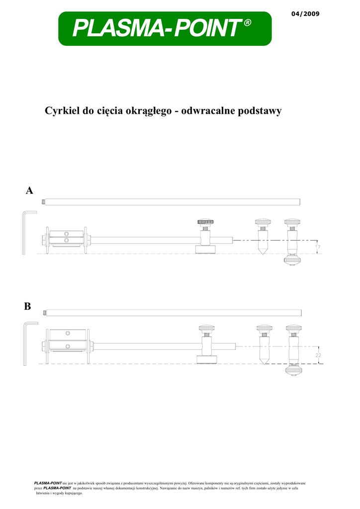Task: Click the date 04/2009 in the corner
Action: click(305, 14)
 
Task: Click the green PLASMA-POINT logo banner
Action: click(165, 28)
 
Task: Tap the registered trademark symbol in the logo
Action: click(247, 22)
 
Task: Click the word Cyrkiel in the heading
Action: click(62, 111)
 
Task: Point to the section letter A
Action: click(29, 190)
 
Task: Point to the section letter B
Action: click(27, 306)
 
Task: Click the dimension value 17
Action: click(318, 247)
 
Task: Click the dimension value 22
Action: click(318, 355)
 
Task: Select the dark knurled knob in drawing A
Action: click(205, 222)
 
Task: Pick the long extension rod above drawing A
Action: click(171, 202)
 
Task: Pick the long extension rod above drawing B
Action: click(173, 313)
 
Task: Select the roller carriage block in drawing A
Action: click(67, 240)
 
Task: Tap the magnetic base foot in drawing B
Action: click(207, 359)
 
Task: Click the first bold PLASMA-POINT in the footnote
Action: click(48, 483)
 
